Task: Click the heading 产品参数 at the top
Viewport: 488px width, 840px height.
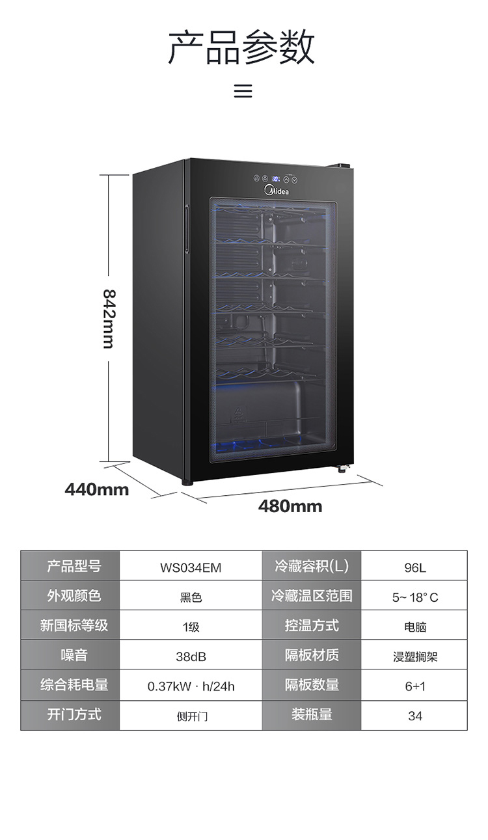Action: click(242, 47)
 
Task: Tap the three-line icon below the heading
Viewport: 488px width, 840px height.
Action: click(243, 90)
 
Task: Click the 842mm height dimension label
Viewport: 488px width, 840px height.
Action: click(109, 318)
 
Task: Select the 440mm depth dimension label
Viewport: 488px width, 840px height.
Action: click(96, 489)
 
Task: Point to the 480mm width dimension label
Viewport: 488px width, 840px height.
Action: click(290, 506)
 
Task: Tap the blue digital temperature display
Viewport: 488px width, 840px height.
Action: click(276, 178)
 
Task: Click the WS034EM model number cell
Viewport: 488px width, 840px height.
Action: click(191, 567)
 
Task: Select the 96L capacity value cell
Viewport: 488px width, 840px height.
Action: click(414, 567)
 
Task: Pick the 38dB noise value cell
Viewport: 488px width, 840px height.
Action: click(191, 657)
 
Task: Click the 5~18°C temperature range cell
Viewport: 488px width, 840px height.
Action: click(414, 597)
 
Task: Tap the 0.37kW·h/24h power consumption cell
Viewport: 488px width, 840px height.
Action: click(191, 686)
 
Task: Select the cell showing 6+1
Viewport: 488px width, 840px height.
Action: click(414, 686)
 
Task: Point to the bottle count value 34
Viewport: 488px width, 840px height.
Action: click(414, 716)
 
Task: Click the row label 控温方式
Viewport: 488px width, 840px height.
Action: click(312, 625)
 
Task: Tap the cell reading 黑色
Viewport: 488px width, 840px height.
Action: click(191, 597)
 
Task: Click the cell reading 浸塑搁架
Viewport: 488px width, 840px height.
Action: click(414, 657)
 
